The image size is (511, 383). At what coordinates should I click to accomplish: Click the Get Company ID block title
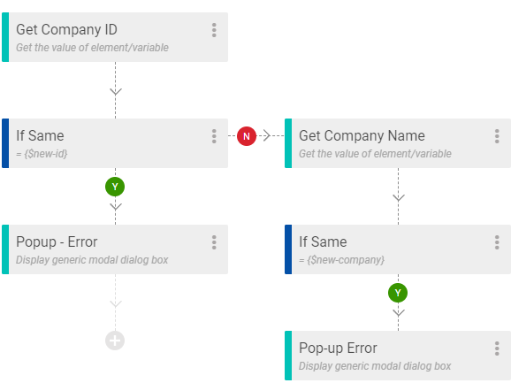[x=66, y=30]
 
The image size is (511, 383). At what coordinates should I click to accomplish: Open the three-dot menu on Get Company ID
[x=214, y=30]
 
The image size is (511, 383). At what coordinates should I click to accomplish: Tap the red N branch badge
[x=247, y=136]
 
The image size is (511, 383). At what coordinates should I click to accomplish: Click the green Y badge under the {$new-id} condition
[x=115, y=187]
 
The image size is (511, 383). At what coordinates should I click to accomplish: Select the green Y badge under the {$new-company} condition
[x=398, y=293]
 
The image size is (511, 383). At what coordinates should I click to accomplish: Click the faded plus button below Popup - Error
[x=115, y=341]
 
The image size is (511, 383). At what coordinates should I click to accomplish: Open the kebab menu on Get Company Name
[x=497, y=136]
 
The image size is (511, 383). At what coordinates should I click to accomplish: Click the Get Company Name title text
[x=362, y=135]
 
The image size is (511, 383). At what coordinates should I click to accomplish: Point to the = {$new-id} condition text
[x=42, y=154]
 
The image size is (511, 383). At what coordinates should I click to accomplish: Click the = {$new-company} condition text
[x=341, y=260]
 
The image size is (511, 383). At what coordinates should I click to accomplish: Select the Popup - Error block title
[x=57, y=241]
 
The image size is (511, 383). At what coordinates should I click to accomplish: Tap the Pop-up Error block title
[x=338, y=349]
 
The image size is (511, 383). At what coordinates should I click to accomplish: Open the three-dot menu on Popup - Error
[x=214, y=242]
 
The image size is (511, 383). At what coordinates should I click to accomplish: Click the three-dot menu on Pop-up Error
[x=497, y=349]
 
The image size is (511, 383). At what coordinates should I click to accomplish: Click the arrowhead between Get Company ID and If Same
[x=116, y=91]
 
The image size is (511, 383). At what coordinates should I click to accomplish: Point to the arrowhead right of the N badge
[x=267, y=135]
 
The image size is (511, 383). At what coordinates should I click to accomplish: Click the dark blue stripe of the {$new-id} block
[x=5, y=143]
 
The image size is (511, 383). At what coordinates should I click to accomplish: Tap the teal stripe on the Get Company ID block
[x=5, y=37]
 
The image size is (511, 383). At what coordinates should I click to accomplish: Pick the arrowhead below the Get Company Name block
[x=399, y=197]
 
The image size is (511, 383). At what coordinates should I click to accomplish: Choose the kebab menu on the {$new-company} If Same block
[x=497, y=242]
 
